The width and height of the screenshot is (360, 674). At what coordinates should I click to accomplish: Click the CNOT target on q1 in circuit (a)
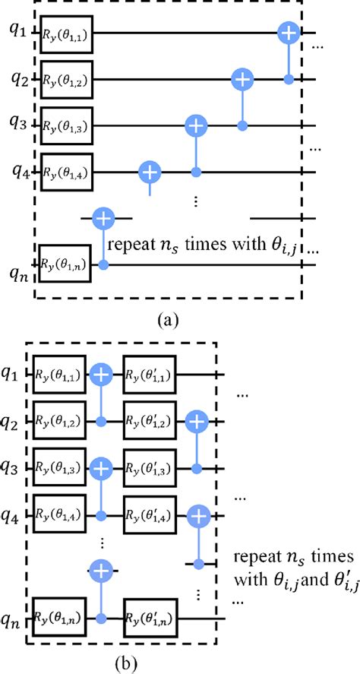[x=289, y=32]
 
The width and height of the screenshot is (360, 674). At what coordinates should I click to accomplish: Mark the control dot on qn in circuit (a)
[x=103, y=263]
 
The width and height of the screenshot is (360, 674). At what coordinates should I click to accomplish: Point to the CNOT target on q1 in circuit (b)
[x=101, y=373]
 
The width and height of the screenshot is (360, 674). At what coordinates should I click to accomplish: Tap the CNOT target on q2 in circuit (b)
[x=199, y=420]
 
